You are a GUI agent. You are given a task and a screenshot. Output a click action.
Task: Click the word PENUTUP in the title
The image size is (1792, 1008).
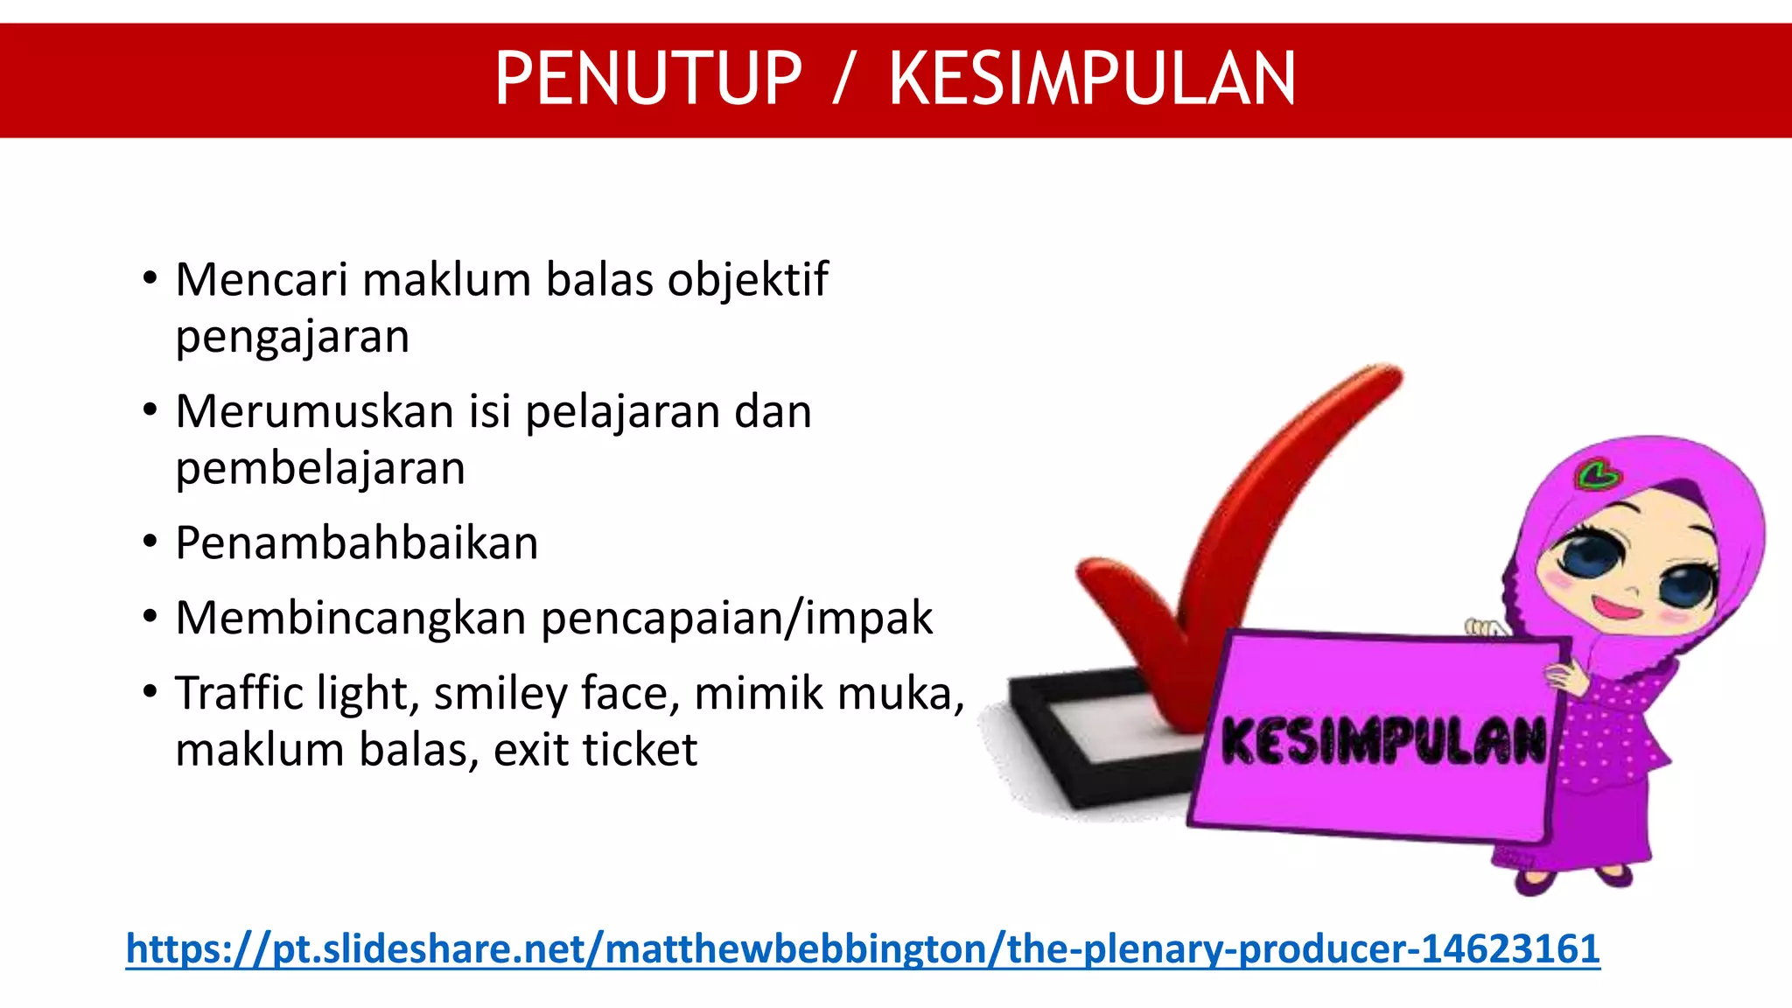tap(648, 80)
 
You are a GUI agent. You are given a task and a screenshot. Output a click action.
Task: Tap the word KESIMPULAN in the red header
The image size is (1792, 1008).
tap(1092, 80)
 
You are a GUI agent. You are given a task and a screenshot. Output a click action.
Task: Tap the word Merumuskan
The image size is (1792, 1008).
tap(314, 411)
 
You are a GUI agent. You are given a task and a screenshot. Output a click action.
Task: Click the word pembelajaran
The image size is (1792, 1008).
tap(320, 469)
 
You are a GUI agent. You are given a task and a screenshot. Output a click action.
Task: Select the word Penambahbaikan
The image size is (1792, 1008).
tap(356, 543)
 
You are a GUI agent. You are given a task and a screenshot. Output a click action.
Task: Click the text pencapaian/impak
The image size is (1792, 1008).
tap(737, 619)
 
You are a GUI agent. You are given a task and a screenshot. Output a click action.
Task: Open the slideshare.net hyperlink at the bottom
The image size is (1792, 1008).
tap(863, 948)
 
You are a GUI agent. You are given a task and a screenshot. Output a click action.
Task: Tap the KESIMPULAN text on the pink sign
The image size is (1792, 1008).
tap(1382, 740)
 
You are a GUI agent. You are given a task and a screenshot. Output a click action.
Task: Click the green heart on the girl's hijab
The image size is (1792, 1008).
tap(1598, 475)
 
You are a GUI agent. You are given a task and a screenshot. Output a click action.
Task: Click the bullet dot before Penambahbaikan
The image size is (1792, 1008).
tap(150, 542)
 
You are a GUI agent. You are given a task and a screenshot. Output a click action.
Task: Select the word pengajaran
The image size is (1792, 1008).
tap(292, 338)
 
